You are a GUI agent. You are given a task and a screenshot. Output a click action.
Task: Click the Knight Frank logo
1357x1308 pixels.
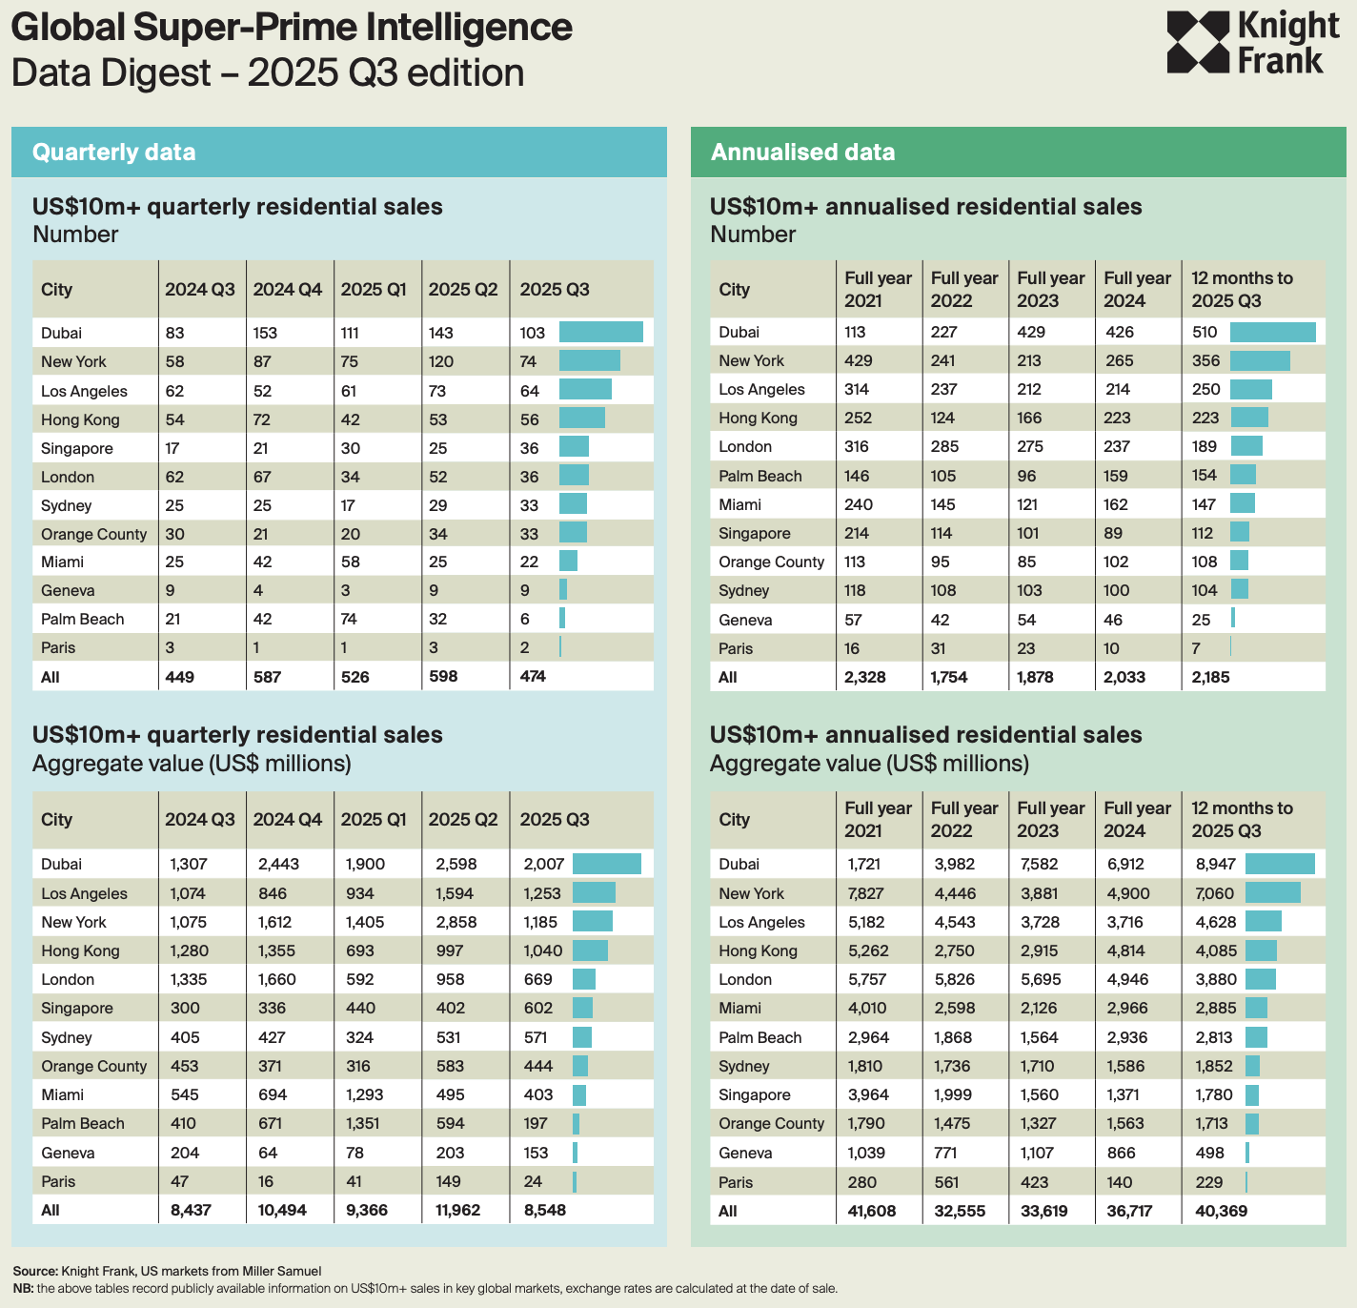coord(1252,43)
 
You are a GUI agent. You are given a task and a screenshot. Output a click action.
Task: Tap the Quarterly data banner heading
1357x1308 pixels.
coord(113,153)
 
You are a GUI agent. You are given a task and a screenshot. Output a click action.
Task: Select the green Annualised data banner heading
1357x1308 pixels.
coord(802,153)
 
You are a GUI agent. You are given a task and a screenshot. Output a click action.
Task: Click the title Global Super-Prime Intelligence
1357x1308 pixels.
coord(292,28)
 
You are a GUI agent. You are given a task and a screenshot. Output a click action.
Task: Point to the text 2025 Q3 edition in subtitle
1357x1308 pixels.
coord(386,73)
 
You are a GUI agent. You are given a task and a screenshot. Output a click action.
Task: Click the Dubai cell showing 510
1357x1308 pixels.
coord(1205,332)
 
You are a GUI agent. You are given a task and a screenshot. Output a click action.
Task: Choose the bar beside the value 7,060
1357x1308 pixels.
coord(1272,893)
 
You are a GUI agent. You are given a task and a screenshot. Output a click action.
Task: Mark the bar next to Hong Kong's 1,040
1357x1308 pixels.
coord(590,950)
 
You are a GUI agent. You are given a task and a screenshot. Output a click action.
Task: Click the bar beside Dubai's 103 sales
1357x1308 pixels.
coord(600,333)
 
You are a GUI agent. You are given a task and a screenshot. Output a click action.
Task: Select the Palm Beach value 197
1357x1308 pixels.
coord(536,1123)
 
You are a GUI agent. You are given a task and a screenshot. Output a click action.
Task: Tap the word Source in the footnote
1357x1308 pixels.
coord(35,1271)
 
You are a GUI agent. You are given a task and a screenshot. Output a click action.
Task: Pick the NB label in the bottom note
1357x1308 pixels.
coord(23,1288)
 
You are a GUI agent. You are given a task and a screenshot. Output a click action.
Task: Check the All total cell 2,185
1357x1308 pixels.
coord(1210,677)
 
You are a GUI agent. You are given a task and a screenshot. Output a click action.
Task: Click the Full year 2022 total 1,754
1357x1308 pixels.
coord(948,677)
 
